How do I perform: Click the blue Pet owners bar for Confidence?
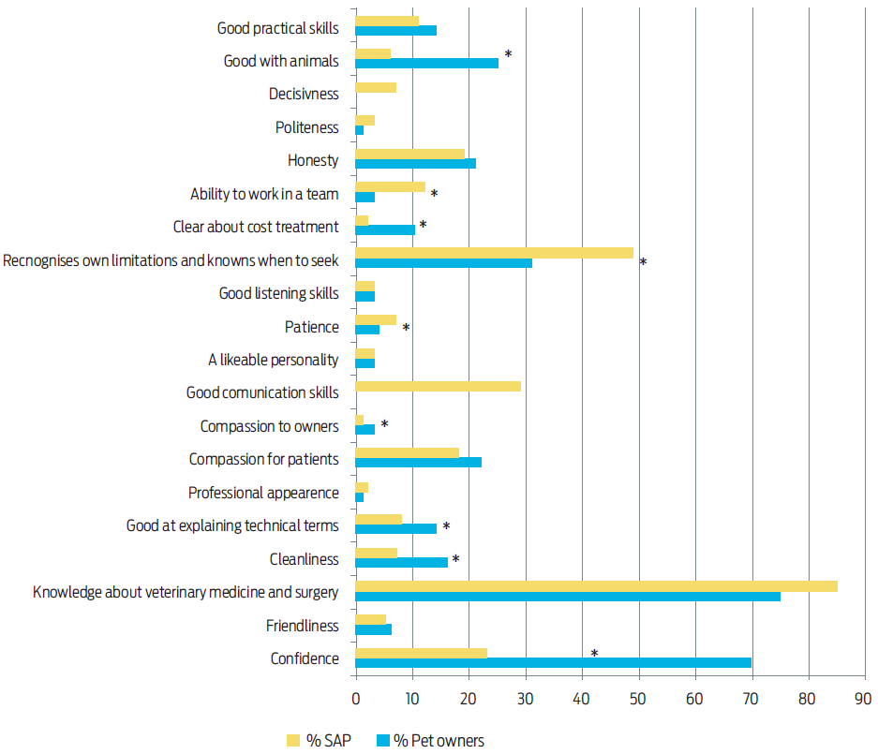pyautogui.click(x=553, y=663)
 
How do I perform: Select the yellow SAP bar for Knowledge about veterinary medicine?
pyautogui.click(x=596, y=586)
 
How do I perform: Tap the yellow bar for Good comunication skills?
pyautogui.click(x=438, y=386)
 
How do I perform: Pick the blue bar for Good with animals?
pyautogui.click(x=426, y=63)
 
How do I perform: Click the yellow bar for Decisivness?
pyautogui.click(x=376, y=88)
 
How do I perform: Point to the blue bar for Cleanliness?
pyautogui.click(x=401, y=563)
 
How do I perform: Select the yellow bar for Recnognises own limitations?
pyautogui.click(x=494, y=253)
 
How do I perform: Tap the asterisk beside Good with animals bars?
pyautogui.click(x=508, y=55)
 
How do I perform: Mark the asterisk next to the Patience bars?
pyautogui.click(x=407, y=329)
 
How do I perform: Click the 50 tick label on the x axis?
pyautogui.click(x=639, y=699)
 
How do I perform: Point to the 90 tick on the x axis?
pyautogui.click(x=863, y=699)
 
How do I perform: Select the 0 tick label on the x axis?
pyautogui.click(x=356, y=699)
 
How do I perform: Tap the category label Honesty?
pyautogui.click(x=313, y=160)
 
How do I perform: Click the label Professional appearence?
pyautogui.click(x=263, y=493)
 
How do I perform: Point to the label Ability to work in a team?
pyautogui.click(x=264, y=194)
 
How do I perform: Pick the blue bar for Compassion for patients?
pyautogui.click(x=418, y=463)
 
